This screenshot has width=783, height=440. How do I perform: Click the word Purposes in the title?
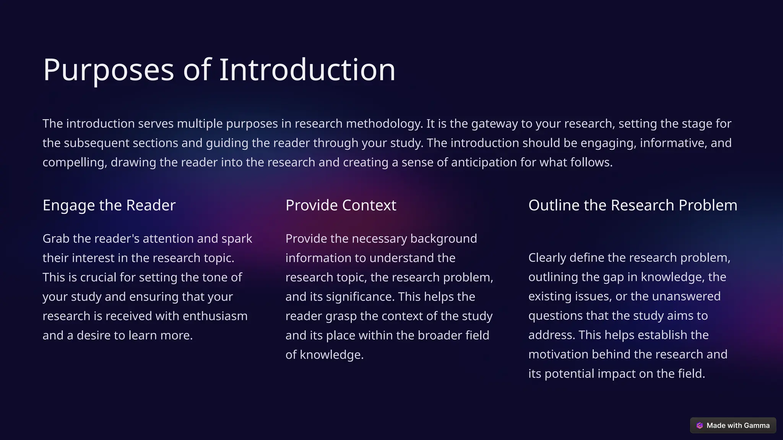(x=109, y=70)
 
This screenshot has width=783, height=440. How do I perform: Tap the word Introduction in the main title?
(x=307, y=70)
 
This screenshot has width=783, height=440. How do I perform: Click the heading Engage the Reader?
(x=109, y=205)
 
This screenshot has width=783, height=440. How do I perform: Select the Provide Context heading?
(x=341, y=205)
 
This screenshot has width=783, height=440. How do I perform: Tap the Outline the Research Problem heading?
(x=632, y=205)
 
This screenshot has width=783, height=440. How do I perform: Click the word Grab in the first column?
(x=56, y=239)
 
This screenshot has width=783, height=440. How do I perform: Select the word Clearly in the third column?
(x=547, y=258)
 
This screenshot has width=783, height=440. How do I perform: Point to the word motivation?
(x=558, y=354)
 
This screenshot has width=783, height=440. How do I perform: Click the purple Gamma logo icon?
(x=700, y=425)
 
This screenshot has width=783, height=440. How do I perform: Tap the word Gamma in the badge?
(x=757, y=425)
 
